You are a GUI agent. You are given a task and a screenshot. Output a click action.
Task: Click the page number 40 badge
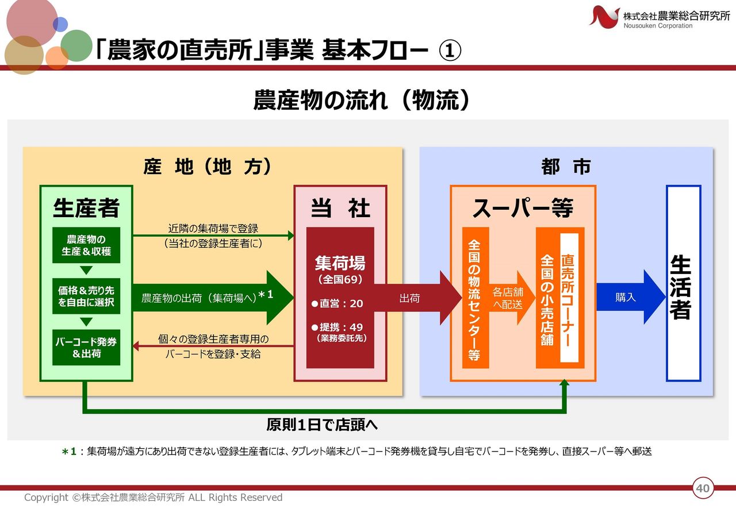pos(702,489)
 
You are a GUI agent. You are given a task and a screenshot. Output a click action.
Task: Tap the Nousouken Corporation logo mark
pos(604,16)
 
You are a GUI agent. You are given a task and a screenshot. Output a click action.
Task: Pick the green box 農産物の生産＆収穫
pos(86,245)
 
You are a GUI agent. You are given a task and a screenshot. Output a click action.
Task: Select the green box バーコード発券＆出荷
pos(86,348)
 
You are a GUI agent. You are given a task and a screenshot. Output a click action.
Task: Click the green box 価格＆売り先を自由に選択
pos(86,296)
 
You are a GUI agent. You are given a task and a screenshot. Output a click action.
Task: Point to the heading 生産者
pos(86,208)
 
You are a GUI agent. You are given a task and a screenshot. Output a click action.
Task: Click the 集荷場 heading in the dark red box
pos(340,264)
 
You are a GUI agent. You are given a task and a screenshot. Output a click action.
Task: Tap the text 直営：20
pos(338,303)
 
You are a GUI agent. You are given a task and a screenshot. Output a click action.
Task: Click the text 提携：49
pos(338,327)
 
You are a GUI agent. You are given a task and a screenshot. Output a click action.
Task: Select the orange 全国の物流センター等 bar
pos(475,298)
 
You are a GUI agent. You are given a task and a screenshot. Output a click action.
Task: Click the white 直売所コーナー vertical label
pos(568,298)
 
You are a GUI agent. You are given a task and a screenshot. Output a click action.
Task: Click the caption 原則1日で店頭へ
pos(322,425)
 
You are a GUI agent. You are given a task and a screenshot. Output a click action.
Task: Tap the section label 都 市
pos(566,167)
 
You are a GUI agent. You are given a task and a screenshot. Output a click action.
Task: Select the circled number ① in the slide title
pos(450,52)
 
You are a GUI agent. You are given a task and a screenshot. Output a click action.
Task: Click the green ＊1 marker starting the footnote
pos(69,452)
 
